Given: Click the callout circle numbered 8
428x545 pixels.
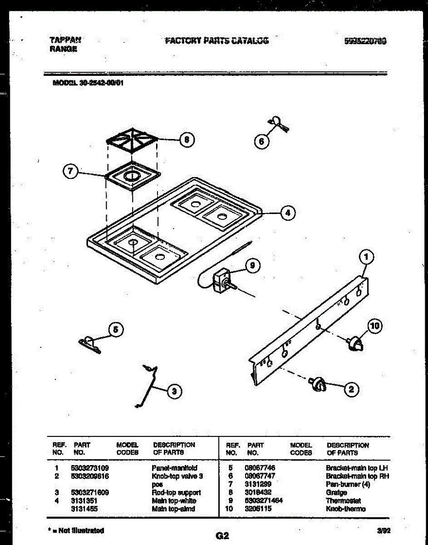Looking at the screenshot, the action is (x=186, y=140).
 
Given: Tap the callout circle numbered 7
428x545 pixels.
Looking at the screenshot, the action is (x=70, y=172).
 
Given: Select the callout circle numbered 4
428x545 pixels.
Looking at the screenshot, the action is (x=287, y=212).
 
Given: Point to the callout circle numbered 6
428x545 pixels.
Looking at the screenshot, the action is (x=261, y=142).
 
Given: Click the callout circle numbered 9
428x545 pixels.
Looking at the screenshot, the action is (x=253, y=266).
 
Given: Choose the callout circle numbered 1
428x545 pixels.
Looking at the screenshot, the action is (x=366, y=258).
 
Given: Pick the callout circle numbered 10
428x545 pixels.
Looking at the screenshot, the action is (x=375, y=326).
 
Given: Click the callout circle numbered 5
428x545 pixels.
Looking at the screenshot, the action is (x=116, y=329).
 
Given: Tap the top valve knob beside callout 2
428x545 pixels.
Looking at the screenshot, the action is (x=318, y=384).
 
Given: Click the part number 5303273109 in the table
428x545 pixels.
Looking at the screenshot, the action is (x=90, y=467).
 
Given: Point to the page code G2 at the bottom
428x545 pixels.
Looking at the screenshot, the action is (x=222, y=536).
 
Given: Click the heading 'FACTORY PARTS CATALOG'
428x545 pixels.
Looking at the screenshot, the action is (x=216, y=40).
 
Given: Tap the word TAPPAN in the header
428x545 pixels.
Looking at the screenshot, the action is (x=63, y=40).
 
